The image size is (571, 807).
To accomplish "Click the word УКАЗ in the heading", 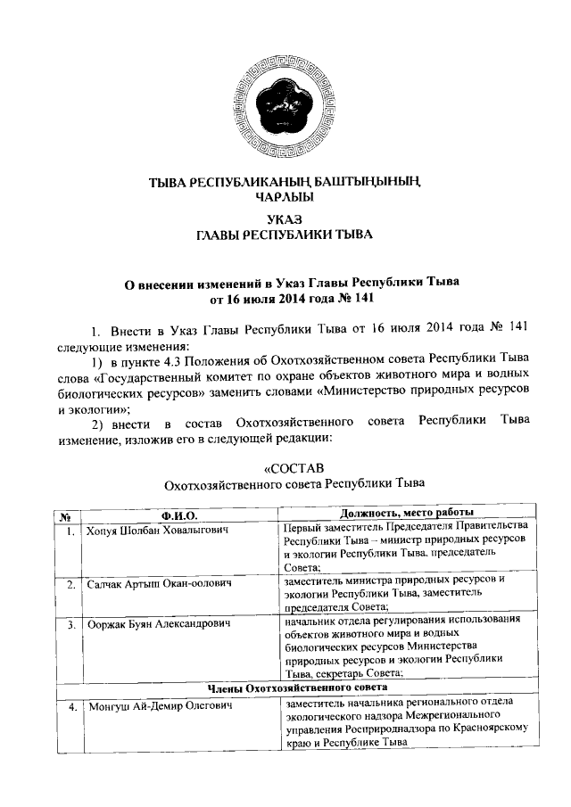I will point(285,218).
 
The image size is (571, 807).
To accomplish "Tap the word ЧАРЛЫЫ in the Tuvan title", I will point(285,196).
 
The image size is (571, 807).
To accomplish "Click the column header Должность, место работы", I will point(406,514).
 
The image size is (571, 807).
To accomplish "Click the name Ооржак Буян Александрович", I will point(158,623).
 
